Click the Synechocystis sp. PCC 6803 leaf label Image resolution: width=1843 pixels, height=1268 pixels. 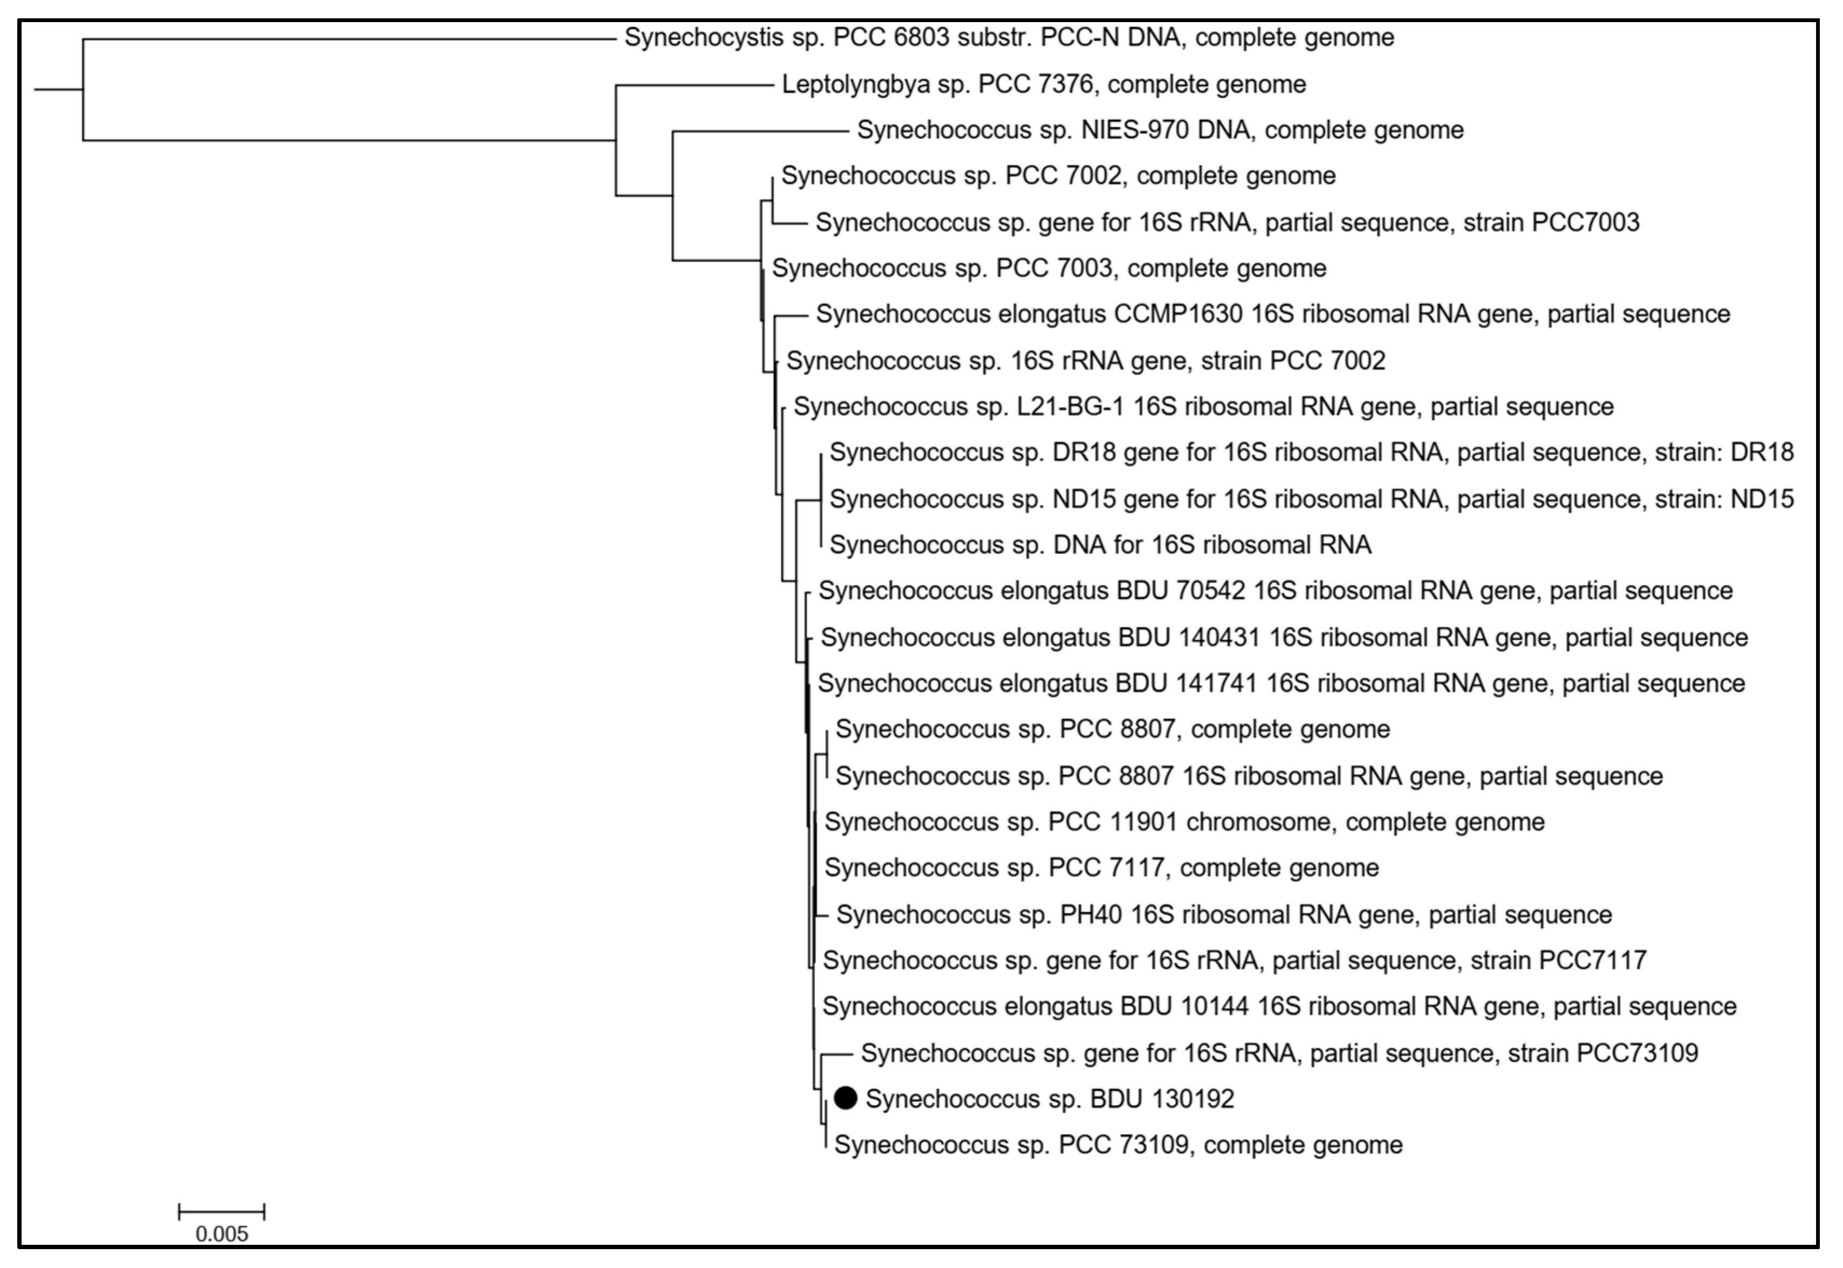point(1009,37)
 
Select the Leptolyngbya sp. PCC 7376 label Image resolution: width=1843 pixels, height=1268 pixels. point(1044,84)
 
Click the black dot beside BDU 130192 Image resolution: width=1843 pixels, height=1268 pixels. point(846,1098)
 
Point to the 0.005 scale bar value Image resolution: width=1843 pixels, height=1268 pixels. point(222,1234)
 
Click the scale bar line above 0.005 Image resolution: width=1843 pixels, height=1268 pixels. point(222,1211)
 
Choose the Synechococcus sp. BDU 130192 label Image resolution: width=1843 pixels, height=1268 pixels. point(1049,1099)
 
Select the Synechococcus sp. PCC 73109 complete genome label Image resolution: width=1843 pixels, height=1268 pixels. point(1118,1145)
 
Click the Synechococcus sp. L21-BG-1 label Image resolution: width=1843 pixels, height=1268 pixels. point(1203,407)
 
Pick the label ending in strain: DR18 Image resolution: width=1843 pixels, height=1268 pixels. point(1311,453)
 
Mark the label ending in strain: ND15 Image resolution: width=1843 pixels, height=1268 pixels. point(1311,499)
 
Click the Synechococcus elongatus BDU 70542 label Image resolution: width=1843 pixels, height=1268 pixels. point(1275,591)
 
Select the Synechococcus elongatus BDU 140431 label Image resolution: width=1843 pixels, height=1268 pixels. point(1284,637)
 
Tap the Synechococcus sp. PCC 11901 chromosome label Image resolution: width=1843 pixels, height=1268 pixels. point(1184,822)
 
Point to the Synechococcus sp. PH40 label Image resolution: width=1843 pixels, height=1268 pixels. point(1224,914)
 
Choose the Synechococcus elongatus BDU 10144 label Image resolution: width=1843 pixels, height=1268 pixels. point(1279,1007)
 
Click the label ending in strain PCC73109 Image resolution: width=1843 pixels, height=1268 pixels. point(1279,1053)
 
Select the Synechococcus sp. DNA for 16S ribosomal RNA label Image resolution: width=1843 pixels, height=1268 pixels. point(1100,545)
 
